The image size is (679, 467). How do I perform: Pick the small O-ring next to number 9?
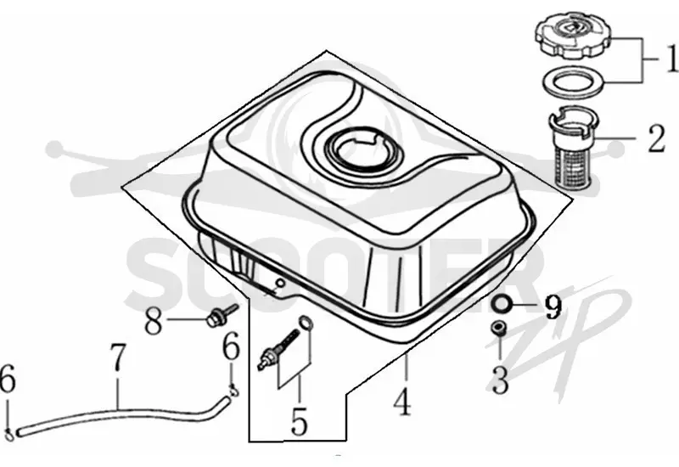(501, 303)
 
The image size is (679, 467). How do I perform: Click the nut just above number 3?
(498, 328)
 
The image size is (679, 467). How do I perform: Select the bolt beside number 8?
(221, 316)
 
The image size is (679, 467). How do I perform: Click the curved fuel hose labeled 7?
(121, 413)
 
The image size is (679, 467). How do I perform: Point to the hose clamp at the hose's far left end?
(10, 432)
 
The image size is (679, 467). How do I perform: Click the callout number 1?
(671, 58)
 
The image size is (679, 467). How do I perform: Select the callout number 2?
(656, 138)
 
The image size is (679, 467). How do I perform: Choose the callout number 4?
(402, 402)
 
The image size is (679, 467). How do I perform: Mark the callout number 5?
(299, 421)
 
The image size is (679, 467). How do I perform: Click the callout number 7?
(118, 357)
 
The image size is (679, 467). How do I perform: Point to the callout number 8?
(154, 321)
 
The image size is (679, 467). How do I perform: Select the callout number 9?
(553, 307)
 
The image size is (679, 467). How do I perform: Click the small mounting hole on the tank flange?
(280, 283)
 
